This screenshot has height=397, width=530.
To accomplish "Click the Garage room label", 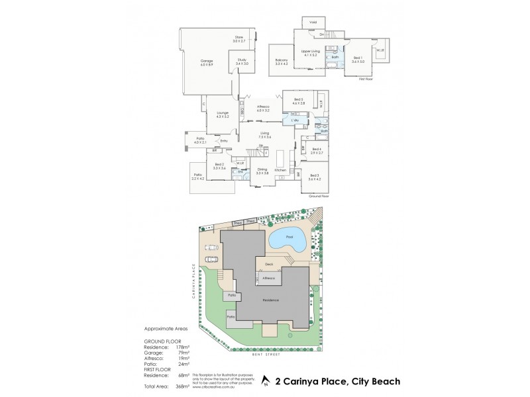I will click(206, 62).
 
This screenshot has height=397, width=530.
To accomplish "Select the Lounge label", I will click(222, 114).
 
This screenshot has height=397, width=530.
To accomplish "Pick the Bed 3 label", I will click(314, 177).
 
